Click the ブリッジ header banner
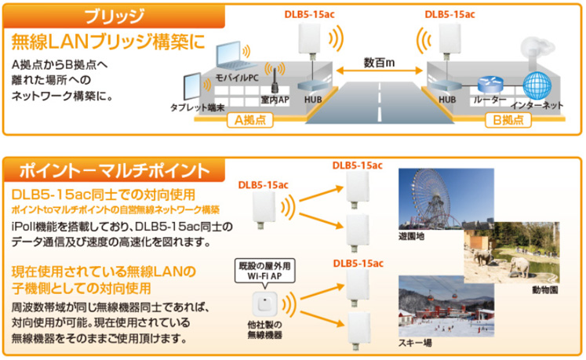(x=114, y=16)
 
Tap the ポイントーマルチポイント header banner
(x=114, y=170)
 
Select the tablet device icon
(x=192, y=87)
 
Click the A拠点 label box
(x=250, y=120)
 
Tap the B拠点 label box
(x=508, y=120)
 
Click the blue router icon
(x=490, y=85)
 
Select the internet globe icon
(x=537, y=85)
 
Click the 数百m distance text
(x=379, y=63)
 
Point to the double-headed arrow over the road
(x=380, y=71)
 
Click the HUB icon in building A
(x=312, y=86)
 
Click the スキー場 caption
(x=414, y=343)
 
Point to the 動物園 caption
(x=545, y=289)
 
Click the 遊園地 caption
(x=412, y=236)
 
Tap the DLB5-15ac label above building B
(x=450, y=15)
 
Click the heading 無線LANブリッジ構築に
(x=109, y=42)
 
